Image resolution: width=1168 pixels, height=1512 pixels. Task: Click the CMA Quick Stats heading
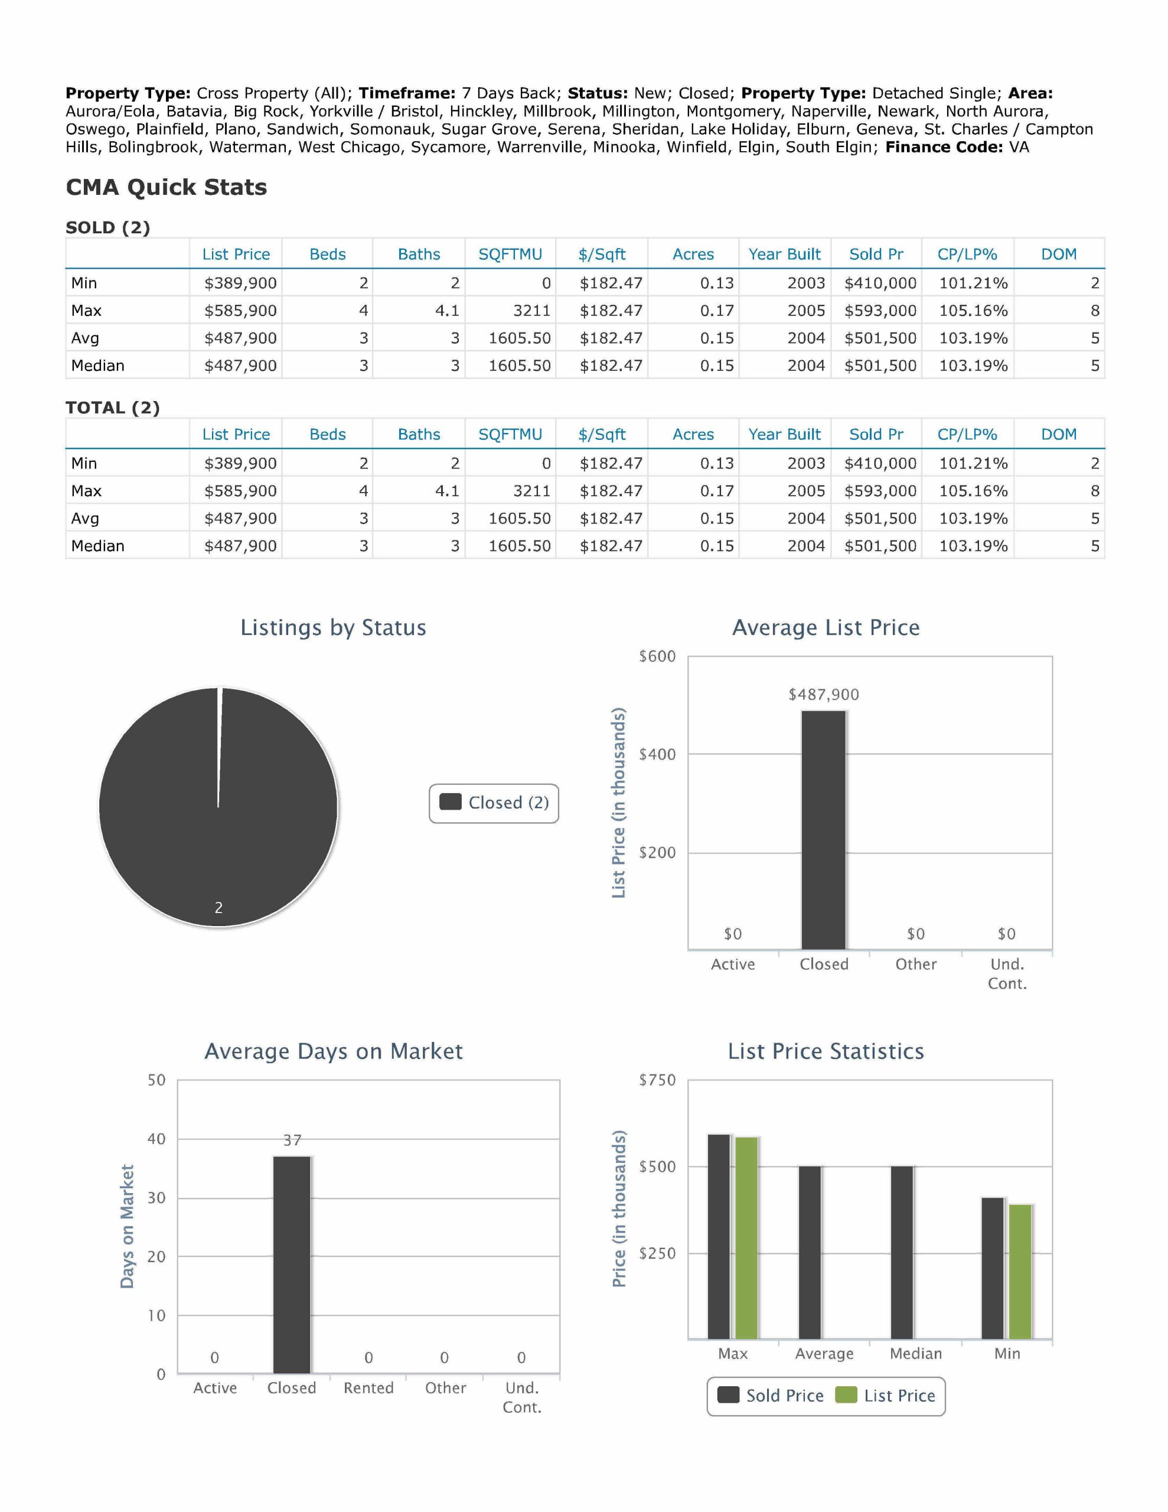(x=166, y=188)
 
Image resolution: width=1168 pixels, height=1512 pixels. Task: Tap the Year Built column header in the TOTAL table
(x=784, y=435)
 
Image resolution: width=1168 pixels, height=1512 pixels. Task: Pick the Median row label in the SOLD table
(x=97, y=366)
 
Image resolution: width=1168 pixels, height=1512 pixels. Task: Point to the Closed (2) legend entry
(x=494, y=803)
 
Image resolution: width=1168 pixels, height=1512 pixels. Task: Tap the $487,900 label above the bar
(x=823, y=695)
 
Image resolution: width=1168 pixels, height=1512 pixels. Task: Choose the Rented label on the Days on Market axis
(x=368, y=1388)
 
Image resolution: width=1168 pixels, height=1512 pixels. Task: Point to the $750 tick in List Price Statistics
(x=657, y=1080)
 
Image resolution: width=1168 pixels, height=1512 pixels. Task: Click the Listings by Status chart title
(x=333, y=628)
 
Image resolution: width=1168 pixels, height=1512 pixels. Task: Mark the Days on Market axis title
(x=127, y=1226)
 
